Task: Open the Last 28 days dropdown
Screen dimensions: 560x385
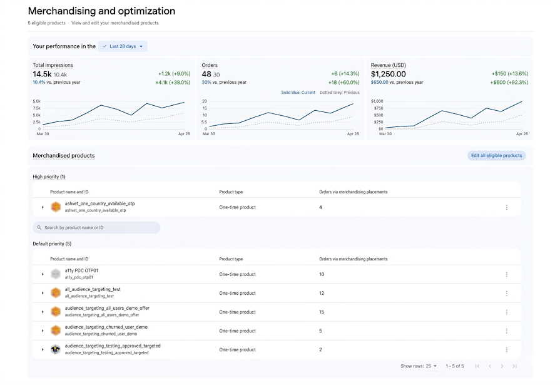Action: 123,46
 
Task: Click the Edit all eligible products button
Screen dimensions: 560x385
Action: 496,155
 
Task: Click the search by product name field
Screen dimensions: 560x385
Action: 96,228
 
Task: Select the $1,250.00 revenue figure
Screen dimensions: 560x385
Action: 388,74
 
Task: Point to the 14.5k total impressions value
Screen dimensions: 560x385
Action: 42,74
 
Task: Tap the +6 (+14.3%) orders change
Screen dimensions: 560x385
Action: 345,74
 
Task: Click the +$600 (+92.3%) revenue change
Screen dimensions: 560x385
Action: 509,82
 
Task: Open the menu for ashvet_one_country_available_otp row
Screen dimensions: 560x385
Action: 506,207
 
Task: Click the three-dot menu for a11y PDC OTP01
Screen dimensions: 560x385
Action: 506,275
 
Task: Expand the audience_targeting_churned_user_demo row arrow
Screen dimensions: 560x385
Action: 43,331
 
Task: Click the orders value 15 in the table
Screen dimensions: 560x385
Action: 322,312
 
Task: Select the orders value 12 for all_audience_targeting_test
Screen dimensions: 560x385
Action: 322,293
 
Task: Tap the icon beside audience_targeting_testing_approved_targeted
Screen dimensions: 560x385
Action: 55,349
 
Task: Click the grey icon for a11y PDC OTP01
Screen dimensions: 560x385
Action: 55,274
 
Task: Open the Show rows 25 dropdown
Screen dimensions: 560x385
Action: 431,366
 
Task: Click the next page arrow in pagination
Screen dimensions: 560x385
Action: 502,366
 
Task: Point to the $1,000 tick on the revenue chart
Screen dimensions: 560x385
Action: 377,101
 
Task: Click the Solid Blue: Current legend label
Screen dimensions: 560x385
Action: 298,92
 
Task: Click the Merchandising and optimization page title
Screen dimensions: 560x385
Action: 101,11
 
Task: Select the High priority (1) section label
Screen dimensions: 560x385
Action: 49,177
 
